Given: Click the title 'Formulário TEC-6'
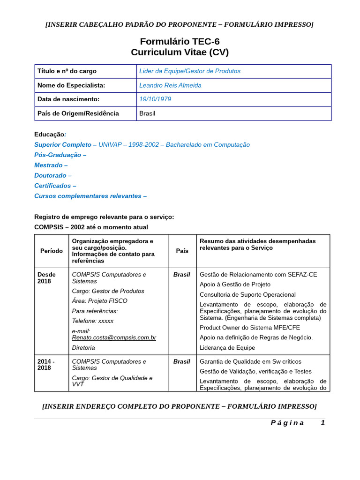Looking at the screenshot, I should pyautogui.click(x=180, y=41).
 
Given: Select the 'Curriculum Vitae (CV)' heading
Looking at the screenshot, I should pyautogui.click(x=180, y=52).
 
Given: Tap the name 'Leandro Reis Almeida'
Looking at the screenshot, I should pyautogui.click(x=170, y=85).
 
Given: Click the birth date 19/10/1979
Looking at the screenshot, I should pyautogui.click(x=155, y=99).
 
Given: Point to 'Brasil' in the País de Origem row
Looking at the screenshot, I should pyautogui.click(x=147, y=113).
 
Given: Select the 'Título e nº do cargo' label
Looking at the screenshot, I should pyautogui.click(x=67, y=71).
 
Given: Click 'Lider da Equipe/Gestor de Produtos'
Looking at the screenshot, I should pyautogui.click(x=189, y=71).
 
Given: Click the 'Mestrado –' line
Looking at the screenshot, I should pyautogui.click(x=51, y=165).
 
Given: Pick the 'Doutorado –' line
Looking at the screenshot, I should pyautogui.click(x=52, y=175).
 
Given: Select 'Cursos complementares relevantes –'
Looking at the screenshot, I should pyautogui.click(x=90, y=196).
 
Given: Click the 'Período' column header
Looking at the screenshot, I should pyautogui.click(x=52, y=251).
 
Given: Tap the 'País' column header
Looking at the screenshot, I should pyautogui.click(x=182, y=251).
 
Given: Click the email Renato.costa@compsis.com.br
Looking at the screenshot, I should pyautogui.click(x=114, y=337).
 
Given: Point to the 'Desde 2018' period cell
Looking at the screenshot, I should pyautogui.click(x=46, y=278).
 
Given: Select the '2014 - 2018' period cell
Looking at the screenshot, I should pyautogui.click(x=46, y=365).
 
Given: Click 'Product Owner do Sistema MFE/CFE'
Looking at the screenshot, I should pyautogui.click(x=249, y=328).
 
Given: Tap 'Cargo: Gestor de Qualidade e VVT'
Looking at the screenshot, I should pyautogui.click(x=112, y=381).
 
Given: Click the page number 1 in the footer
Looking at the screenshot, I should pyautogui.click(x=322, y=423).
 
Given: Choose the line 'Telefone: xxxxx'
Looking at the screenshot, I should pyautogui.click(x=93, y=321).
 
